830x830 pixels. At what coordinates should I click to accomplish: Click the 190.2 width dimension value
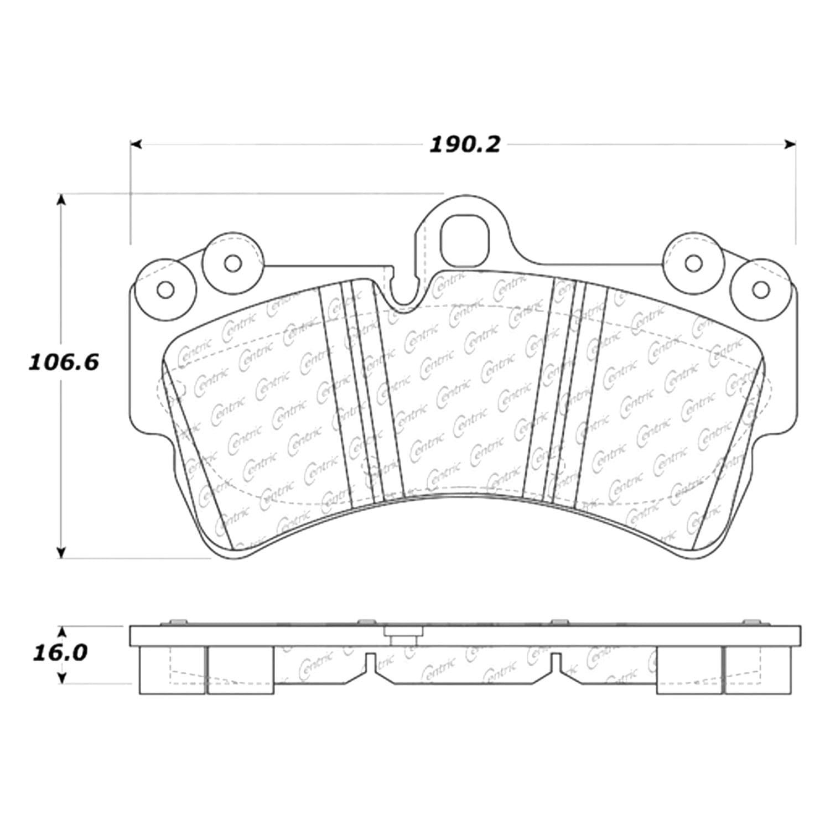pos(465,145)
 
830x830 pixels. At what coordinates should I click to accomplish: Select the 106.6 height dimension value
pos(64,363)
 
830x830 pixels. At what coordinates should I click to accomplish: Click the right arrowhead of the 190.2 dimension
pos(790,144)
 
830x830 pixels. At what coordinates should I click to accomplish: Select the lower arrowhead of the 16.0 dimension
pos(62,677)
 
